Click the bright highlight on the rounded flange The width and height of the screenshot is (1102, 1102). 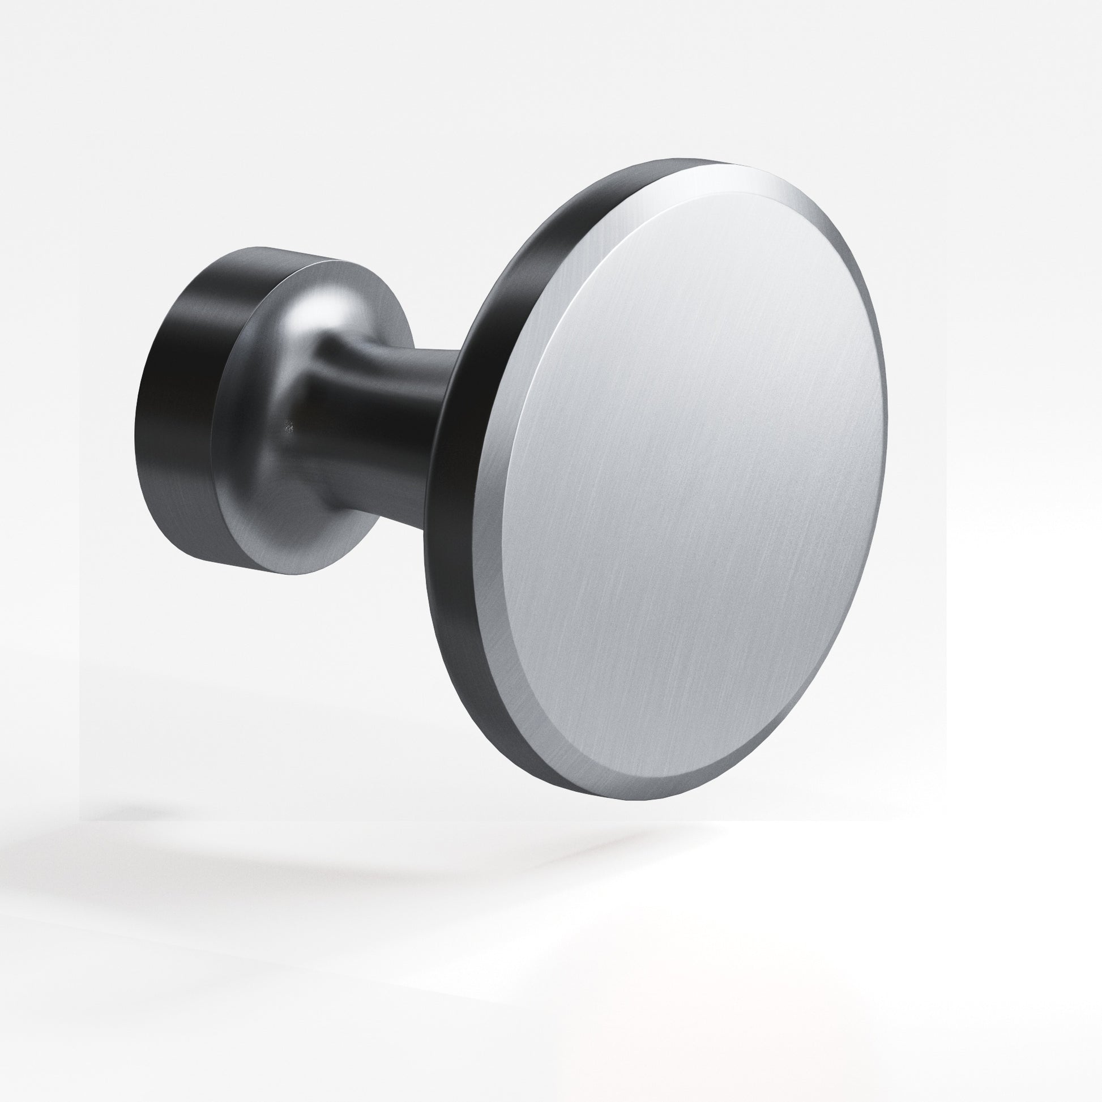tap(331, 308)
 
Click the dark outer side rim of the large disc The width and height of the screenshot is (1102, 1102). tap(451, 514)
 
